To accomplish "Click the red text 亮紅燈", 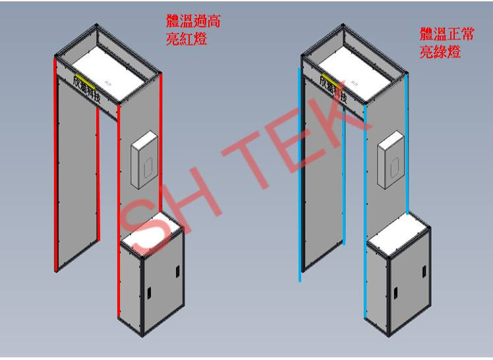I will tap(187, 39).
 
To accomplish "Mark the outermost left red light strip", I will tap(55, 165).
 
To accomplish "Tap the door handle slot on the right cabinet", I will tap(395, 290).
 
